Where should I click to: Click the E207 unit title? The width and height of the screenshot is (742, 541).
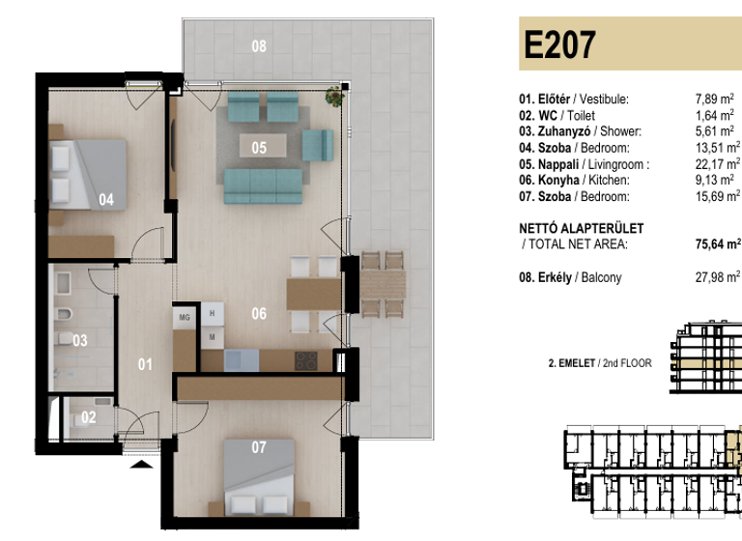point(559,45)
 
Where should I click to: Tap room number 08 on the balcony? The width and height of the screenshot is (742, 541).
point(258,45)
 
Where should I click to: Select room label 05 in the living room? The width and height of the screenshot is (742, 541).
point(259,148)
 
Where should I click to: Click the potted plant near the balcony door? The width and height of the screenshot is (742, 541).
point(335,96)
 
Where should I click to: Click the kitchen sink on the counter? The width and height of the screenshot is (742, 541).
point(238,360)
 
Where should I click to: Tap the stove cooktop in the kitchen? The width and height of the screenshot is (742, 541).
point(306,360)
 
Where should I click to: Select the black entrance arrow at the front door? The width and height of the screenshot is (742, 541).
point(142,464)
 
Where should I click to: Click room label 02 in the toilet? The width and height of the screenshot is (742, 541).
point(88,417)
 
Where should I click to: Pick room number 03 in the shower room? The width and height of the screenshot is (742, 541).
point(79,340)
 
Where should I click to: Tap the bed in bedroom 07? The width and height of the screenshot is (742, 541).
point(258,477)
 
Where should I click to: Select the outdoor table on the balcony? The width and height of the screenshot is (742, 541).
point(382,285)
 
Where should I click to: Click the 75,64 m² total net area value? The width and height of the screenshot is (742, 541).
point(718,244)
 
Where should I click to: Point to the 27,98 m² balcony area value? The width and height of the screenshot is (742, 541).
point(718,278)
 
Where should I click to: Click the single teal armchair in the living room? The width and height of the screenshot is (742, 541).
point(317,145)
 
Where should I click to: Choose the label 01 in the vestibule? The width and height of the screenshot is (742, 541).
point(145,364)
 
